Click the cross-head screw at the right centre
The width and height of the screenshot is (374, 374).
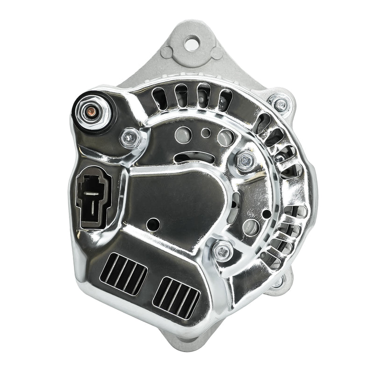(245, 161)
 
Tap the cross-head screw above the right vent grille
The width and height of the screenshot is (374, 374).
(223, 252)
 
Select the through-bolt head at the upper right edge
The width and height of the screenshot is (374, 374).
(280, 104)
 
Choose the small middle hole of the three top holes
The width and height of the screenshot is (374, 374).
(205, 133)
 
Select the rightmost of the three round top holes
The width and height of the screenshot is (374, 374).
(225, 137)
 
